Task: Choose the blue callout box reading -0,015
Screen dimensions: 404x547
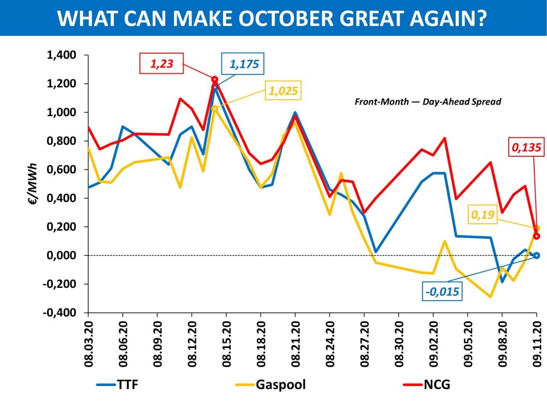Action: tap(442, 292)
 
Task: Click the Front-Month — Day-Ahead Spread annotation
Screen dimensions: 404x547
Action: tap(427, 102)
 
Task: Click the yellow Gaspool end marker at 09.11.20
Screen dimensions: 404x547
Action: tap(537, 228)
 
